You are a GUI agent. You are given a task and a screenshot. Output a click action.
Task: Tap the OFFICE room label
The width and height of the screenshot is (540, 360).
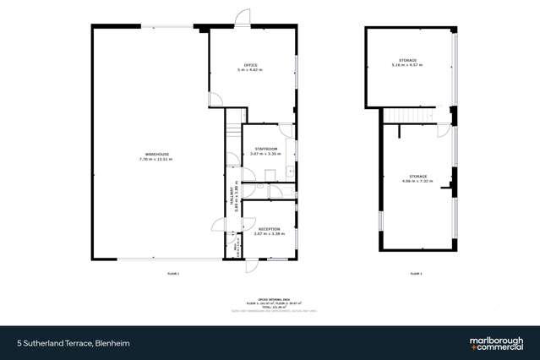251,64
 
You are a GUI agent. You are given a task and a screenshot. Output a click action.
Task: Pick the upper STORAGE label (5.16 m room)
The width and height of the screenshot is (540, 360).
408,60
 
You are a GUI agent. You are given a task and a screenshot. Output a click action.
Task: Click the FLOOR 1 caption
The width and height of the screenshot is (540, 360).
173,274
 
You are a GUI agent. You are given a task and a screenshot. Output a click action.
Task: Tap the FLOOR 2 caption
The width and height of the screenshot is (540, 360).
416,274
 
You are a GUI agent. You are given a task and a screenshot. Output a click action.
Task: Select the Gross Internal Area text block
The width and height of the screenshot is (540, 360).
270,305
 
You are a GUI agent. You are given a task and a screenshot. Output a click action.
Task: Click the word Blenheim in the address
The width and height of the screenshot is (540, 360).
112,343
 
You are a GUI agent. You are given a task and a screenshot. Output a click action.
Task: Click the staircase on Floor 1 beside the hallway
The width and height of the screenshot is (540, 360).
233,139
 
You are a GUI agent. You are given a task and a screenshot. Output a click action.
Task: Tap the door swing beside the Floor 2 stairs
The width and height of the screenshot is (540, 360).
442,130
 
